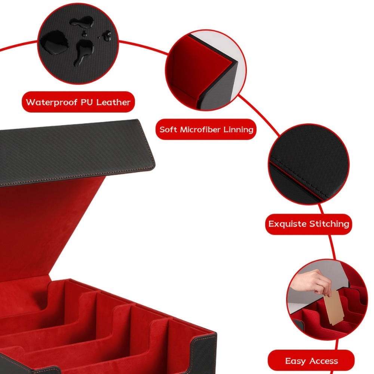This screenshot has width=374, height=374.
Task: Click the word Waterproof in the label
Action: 52,102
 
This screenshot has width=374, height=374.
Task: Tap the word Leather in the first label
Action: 113,102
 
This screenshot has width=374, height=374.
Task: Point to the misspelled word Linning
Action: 238,129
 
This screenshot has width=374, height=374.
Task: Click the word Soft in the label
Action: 168,129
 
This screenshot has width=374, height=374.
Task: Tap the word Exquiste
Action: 287,224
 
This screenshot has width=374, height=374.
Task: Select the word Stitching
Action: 329,224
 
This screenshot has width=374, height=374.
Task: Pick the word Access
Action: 323,361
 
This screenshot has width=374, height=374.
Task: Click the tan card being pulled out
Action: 333,307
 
